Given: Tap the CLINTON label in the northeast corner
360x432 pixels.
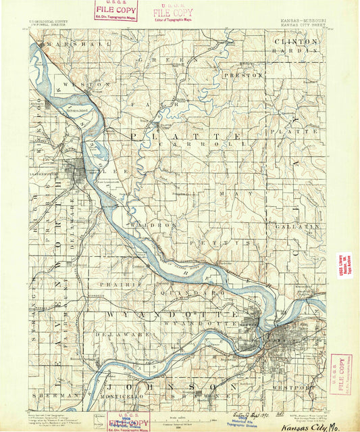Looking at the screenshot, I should (296, 42).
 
